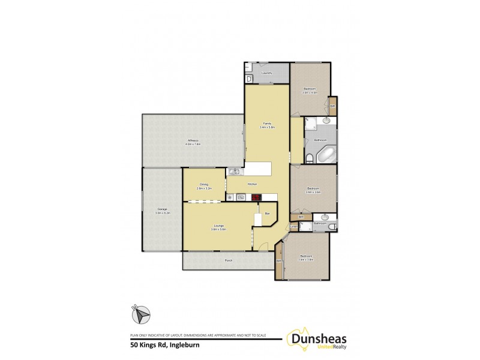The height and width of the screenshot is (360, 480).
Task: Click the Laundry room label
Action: pyautogui.click(x=267, y=73)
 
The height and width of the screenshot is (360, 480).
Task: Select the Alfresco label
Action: pyautogui.click(x=193, y=142)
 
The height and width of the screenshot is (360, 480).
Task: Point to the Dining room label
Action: pyautogui.click(x=204, y=186)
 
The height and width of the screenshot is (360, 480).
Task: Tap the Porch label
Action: pyautogui.click(x=228, y=260)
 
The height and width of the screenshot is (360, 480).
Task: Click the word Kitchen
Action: pyautogui.click(x=253, y=184)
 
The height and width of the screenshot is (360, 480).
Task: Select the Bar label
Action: pyautogui.click(x=267, y=213)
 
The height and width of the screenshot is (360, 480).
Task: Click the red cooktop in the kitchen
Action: pyautogui.click(x=256, y=196)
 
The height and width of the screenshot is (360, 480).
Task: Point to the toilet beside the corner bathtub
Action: pyautogui.click(x=308, y=158)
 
